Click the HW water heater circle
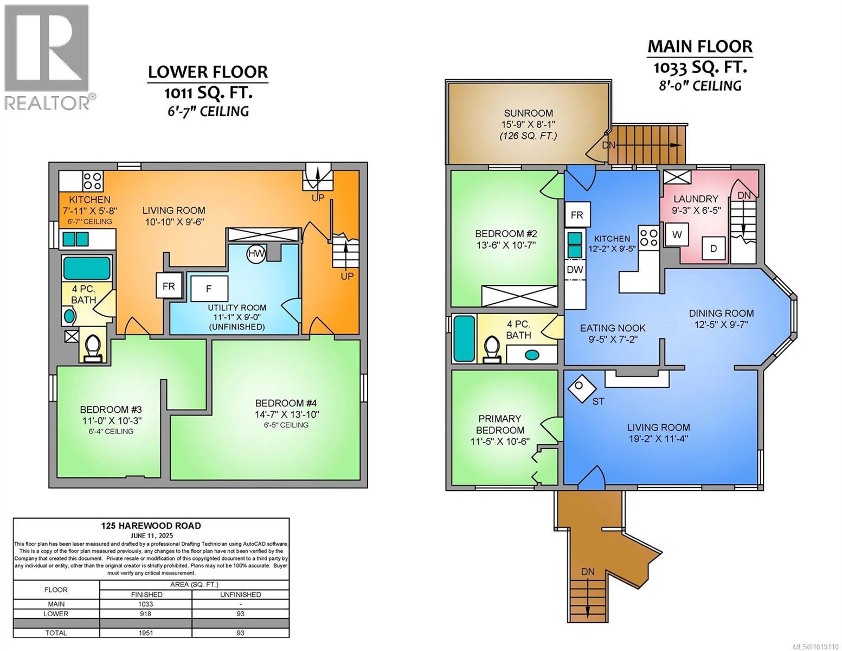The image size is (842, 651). tap(256, 254)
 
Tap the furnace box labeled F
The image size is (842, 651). tap(209, 289)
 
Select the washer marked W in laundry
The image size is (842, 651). tap(677, 234)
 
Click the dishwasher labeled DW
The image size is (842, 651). tap(575, 270)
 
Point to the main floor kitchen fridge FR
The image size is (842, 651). tap(577, 214)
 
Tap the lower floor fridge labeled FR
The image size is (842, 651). tap(169, 286)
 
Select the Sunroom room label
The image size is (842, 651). tap(528, 113)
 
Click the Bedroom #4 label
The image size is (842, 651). tap(286, 403)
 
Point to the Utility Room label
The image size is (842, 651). tap(237, 308)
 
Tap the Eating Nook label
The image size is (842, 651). tap(613, 328)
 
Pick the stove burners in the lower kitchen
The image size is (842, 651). tap(93, 181)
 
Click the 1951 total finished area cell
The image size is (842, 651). tap(146, 633)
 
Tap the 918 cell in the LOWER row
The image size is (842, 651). tap(146, 614)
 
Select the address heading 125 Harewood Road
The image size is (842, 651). tap(151, 526)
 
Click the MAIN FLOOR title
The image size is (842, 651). tap(700, 47)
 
